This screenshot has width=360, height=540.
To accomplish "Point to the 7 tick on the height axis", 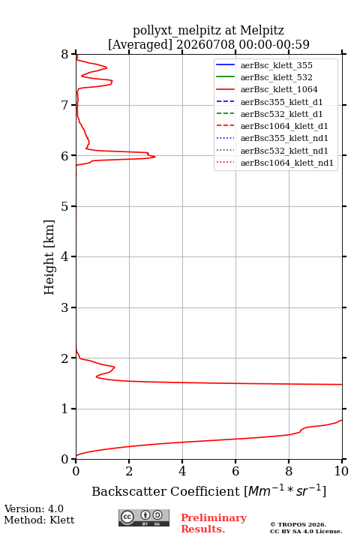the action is pyautogui.click(x=73, y=105).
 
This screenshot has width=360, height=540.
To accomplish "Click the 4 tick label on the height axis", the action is pyautogui.click(x=64, y=257).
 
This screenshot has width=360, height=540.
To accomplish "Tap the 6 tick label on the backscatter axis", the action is pyautogui.click(x=235, y=471).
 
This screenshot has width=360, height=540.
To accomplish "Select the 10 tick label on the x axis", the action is pyautogui.click(x=341, y=471).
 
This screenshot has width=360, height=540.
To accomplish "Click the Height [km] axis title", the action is pyautogui.click(x=49, y=257).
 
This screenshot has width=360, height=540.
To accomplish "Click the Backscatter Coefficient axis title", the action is pyautogui.click(x=208, y=491).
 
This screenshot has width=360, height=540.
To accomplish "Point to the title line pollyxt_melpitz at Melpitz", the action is pyautogui.click(x=208, y=30).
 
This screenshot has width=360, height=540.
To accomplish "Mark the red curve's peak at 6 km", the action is pyautogui.click(x=155, y=157).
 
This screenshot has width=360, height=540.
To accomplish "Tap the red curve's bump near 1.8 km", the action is pyautogui.click(x=114, y=367).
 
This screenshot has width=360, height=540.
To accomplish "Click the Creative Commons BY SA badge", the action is pyautogui.click(x=144, y=517).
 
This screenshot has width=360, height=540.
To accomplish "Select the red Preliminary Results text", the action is pyautogui.click(x=214, y=523).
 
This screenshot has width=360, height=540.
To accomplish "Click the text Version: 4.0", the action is pyautogui.click(x=34, y=509).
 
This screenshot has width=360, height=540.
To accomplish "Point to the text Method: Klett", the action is pyautogui.click(x=39, y=520).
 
